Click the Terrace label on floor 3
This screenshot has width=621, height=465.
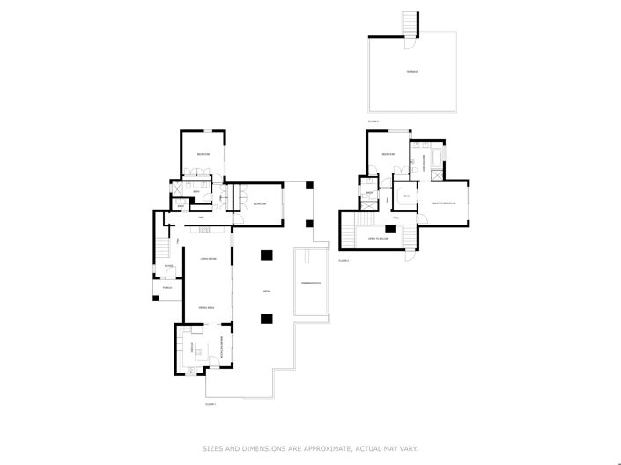[411, 71]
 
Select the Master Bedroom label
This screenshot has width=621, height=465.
[444, 203]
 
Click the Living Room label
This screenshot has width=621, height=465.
[208, 258]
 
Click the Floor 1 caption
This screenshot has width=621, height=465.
[211, 404]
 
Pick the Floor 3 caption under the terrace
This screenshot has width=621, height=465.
[373, 121]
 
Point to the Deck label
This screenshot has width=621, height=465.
[265, 292]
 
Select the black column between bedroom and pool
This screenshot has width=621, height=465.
[309, 184]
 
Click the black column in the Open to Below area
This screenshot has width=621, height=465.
[388, 229]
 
